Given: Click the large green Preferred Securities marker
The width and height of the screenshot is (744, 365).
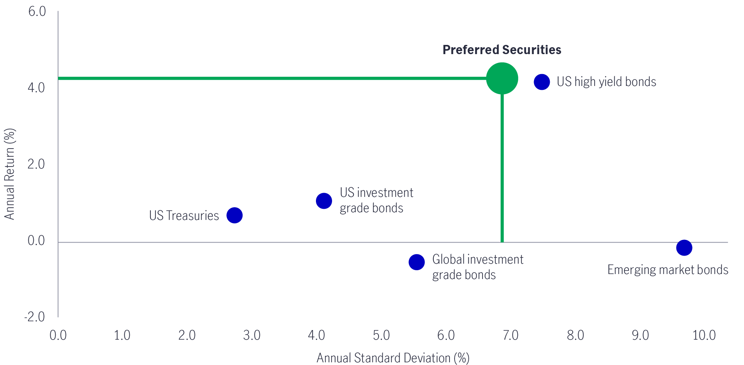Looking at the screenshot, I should click(x=502, y=78).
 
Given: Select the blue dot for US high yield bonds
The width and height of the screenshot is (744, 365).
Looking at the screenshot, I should click(x=542, y=82).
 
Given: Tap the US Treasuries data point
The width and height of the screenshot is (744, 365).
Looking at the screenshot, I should click(x=234, y=215).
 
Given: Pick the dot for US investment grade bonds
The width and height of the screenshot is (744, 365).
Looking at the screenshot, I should click(x=324, y=201).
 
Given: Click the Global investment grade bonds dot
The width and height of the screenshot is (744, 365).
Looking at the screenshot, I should click(x=417, y=262).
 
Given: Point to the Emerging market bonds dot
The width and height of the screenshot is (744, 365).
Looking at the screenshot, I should click(x=684, y=248).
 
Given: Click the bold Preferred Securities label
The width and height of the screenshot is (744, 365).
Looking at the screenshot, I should click(x=502, y=50).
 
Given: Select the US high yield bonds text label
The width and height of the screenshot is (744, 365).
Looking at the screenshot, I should click(x=606, y=82).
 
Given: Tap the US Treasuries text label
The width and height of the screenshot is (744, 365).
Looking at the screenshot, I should click(x=184, y=216).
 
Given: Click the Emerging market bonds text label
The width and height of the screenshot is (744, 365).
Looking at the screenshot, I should click(x=668, y=270).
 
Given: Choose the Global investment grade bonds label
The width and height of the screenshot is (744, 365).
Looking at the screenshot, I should click(x=477, y=267).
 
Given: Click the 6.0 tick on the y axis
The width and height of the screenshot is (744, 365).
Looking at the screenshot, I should click(x=37, y=12).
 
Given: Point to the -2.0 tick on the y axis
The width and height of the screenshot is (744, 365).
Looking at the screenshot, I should click(x=35, y=317).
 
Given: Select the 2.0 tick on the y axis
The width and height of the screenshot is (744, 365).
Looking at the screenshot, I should click(x=36, y=164).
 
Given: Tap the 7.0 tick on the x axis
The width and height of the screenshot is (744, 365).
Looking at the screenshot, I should click(x=511, y=335).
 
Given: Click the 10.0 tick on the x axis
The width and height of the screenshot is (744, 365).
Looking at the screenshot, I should click(x=704, y=335).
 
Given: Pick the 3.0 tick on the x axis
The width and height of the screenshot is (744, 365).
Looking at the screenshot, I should click(x=252, y=335).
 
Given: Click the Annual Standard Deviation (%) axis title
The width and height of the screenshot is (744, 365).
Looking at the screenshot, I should click(x=393, y=358).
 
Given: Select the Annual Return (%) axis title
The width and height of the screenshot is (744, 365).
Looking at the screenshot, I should click(x=10, y=174).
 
